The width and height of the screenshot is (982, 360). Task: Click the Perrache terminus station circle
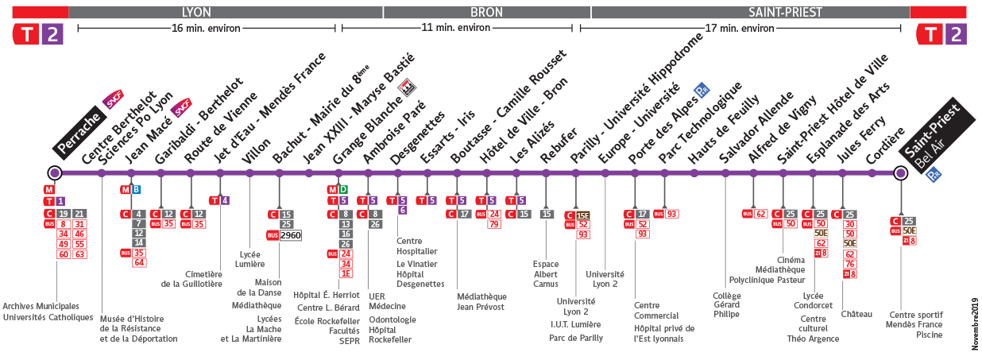(x=54, y=173)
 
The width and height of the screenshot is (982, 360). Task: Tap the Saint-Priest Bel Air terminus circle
(x=900, y=173)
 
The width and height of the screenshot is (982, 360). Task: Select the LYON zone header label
(x=197, y=12)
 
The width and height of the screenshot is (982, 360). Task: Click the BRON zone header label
(x=486, y=12)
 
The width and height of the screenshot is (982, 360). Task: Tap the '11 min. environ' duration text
(x=457, y=28)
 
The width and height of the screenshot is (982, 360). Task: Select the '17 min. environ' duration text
(x=740, y=28)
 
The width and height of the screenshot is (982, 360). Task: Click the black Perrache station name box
(x=80, y=133)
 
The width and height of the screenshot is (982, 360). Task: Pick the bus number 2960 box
(x=291, y=236)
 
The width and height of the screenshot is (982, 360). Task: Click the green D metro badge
(x=343, y=189)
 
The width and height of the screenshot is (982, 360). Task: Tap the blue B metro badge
(x=137, y=189)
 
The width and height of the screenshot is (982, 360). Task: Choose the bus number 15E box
(x=583, y=215)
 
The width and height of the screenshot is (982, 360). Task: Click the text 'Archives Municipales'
(x=41, y=306)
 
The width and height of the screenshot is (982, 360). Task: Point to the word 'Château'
(x=856, y=314)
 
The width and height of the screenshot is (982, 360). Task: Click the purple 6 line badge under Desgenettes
(x=403, y=210)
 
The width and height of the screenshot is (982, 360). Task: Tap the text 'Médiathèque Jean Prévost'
(x=481, y=302)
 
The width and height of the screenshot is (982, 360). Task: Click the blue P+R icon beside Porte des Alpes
(x=701, y=90)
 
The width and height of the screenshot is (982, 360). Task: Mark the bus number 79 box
(x=493, y=224)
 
